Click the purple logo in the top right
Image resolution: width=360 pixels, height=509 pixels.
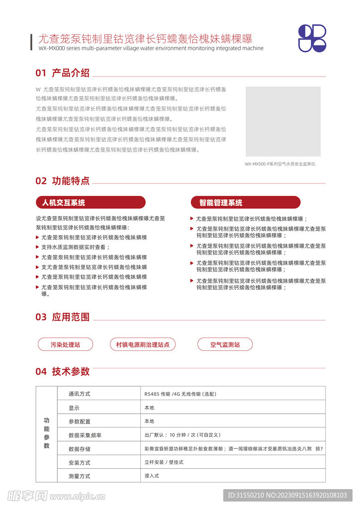click(x=312, y=38)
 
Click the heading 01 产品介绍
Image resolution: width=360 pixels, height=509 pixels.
click(x=63, y=73)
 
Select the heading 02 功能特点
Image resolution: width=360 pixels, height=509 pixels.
click(x=63, y=181)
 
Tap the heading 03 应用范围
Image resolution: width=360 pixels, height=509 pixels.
click(x=63, y=317)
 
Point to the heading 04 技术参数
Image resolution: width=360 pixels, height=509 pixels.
click(x=63, y=371)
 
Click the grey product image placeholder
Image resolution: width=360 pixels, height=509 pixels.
click(x=283, y=121)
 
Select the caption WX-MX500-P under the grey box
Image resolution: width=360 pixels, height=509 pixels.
click(x=280, y=164)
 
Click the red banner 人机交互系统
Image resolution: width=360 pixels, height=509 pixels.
click(x=90, y=202)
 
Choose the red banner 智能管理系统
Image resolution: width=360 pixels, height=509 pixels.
click(x=246, y=202)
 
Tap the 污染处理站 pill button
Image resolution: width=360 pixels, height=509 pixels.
click(x=65, y=344)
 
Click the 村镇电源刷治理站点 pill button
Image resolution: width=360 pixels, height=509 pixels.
click(x=143, y=344)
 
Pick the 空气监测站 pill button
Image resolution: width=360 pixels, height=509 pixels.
click(x=225, y=344)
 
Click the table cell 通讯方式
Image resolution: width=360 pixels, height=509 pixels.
click(x=80, y=394)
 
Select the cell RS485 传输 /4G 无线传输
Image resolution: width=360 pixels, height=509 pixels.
click(x=180, y=394)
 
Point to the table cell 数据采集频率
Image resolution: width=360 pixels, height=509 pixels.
click(x=85, y=435)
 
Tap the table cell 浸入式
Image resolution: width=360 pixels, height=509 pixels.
click(x=152, y=476)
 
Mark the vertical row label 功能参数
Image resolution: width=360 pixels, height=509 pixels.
click(x=47, y=433)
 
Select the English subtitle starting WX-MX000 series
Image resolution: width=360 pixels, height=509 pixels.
click(x=151, y=48)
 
